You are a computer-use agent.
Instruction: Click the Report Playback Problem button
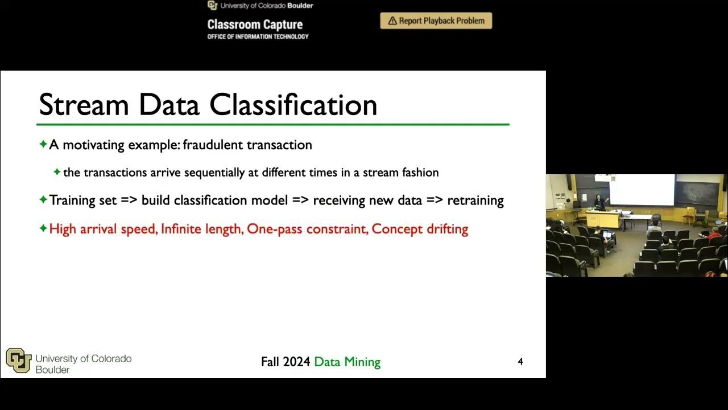pos(436,21)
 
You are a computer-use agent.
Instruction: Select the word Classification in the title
pos(293,105)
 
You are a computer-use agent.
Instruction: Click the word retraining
pos(475,200)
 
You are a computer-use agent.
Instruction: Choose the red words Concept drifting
pos(420,229)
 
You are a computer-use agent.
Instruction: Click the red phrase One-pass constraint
pos(307,229)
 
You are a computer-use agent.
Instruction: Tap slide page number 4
pos(520,362)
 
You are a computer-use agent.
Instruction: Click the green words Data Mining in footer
pos(347,362)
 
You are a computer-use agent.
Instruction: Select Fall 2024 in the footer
pos(286,362)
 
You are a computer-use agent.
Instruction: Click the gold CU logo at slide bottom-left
pos(18,360)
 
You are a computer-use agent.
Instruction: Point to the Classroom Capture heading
pos(255,24)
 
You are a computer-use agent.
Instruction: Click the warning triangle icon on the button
pos(392,21)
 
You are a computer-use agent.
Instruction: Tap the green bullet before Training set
pos(43,200)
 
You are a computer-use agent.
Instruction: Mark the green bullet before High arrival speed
pos(43,228)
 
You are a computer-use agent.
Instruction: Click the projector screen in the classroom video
pos(642,190)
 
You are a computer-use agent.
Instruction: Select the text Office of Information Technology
pos(258,37)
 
